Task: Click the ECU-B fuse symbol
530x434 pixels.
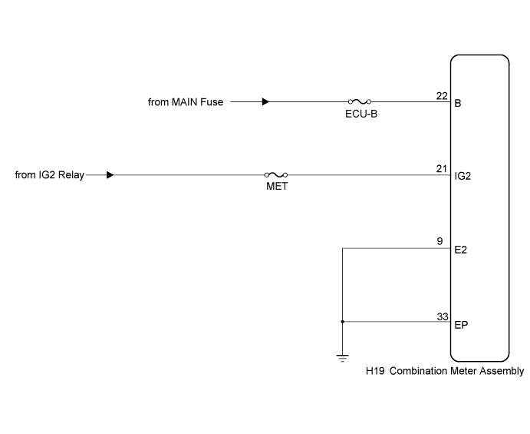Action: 360,101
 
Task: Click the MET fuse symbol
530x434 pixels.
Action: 276,174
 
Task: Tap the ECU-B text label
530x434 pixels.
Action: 361,114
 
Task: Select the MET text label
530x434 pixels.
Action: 277,186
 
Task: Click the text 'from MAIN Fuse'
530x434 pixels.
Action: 186,102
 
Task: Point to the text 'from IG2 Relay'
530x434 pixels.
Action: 50,175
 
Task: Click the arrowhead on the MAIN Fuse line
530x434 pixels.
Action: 265,101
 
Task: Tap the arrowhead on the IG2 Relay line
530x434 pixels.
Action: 110,175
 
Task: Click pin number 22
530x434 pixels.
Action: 442,96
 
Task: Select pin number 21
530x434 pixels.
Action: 442,168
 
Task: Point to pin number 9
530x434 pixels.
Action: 439,241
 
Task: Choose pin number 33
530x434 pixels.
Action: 443,316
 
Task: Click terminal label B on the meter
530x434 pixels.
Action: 458,103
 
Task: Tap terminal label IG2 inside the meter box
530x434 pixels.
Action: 463,176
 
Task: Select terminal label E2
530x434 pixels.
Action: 461,250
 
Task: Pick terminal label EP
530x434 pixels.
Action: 461,325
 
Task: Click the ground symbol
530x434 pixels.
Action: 342,358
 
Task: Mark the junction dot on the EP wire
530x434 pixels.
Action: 342,322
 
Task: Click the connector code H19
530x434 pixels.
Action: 375,371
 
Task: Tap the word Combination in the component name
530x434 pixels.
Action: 419,371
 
